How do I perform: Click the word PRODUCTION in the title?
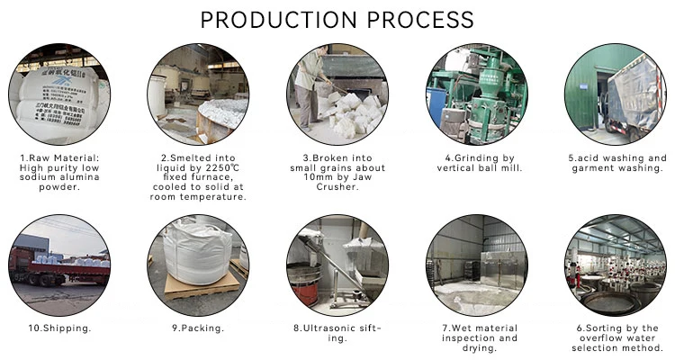275,19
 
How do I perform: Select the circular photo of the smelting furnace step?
198,94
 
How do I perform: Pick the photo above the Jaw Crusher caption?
337,94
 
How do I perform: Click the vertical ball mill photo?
476,94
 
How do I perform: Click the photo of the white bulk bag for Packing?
198,265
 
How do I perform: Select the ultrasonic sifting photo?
337,265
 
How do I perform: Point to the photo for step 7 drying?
476,265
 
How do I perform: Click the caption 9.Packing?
198,328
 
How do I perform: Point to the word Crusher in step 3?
338,187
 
